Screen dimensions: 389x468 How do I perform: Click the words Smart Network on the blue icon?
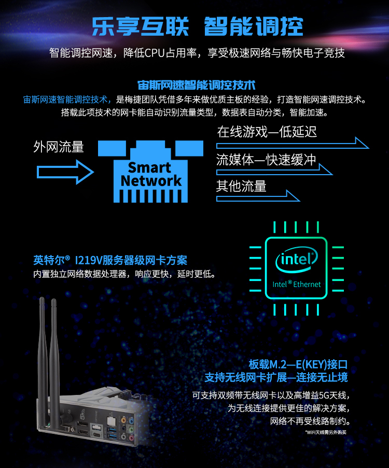(x=151, y=174)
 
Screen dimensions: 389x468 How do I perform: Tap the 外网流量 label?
(x=59, y=147)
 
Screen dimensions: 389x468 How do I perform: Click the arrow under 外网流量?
(x=65, y=172)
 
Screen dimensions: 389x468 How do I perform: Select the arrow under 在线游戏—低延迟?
(x=293, y=143)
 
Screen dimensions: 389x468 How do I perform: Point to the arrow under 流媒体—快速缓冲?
(x=274, y=169)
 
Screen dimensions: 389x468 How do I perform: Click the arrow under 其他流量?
(x=258, y=196)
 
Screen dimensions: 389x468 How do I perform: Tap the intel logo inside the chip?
(x=296, y=259)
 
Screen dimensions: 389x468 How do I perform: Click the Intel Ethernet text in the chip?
(x=296, y=284)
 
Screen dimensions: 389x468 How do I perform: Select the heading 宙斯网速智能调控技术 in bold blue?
(x=196, y=85)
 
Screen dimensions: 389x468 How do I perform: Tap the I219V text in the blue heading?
(x=88, y=260)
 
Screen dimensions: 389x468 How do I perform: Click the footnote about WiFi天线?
(x=326, y=432)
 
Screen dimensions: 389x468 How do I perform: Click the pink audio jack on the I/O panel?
(x=131, y=438)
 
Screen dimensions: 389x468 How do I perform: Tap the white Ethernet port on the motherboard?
(x=111, y=421)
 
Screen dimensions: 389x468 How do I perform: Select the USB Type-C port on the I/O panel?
(x=98, y=434)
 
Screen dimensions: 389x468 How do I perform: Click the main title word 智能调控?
(x=254, y=26)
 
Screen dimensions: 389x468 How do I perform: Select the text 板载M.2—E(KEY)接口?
(x=298, y=364)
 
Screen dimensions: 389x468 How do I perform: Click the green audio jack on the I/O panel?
(x=131, y=429)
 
